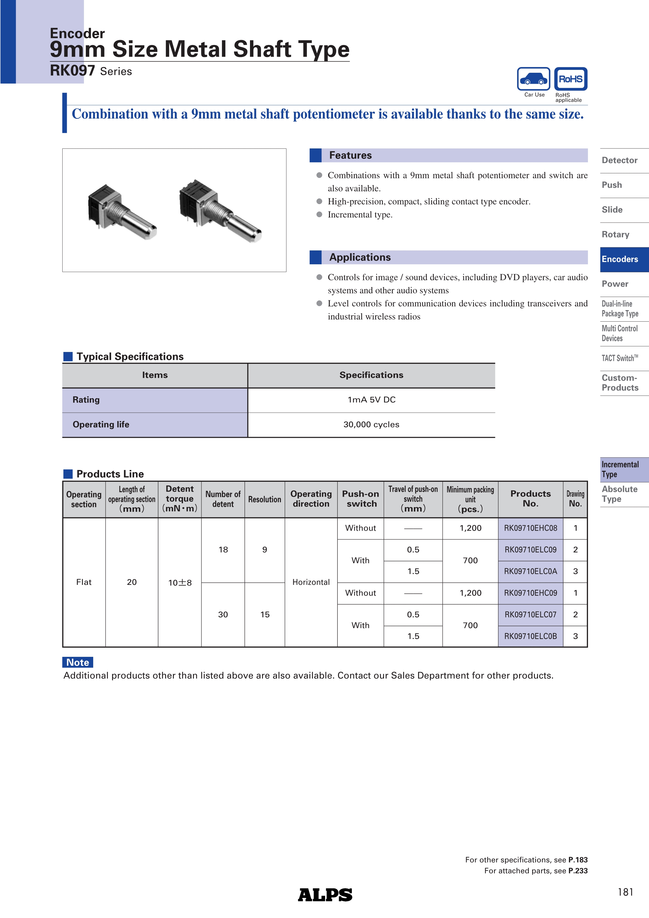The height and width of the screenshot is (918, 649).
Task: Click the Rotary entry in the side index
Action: point(616,234)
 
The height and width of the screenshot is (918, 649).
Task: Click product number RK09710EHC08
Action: point(530,528)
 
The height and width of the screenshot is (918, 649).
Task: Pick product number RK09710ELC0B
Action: point(530,636)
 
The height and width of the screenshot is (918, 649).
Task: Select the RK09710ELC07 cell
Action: point(530,614)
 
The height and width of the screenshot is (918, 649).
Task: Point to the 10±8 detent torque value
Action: point(180,583)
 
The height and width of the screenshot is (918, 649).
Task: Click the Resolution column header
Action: point(264,499)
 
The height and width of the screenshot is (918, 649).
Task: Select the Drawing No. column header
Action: point(575,499)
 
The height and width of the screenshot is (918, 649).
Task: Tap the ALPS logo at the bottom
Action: point(325,895)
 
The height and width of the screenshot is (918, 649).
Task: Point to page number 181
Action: point(625,892)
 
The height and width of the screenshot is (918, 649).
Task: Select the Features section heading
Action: point(350,155)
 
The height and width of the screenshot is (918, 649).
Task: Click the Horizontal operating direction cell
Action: point(311,582)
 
